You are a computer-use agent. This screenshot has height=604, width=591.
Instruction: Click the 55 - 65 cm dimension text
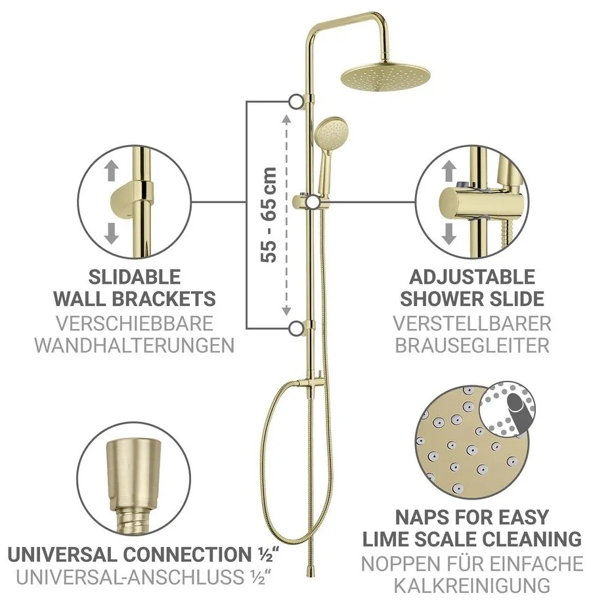coord(269,214)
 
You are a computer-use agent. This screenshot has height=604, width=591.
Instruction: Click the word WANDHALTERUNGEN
coord(134,345)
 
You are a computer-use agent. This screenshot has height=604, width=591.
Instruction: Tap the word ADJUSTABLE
coord(472,276)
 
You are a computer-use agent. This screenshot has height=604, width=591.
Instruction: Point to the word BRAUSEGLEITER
coord(472,345)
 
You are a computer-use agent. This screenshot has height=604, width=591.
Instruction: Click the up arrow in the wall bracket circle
coord(112,171)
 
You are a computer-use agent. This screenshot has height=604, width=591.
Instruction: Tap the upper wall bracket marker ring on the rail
coord(295,101)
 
